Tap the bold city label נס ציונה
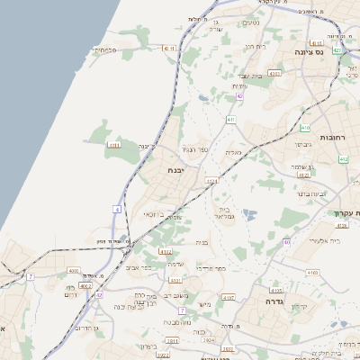click(307, 53)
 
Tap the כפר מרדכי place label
click(209, 267)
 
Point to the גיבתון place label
click(302, 143)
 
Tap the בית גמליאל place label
click(224, 212)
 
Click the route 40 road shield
click(286, 242)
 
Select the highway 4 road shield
click(117, 209)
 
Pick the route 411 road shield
click(230, 120)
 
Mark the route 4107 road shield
click(228, 296)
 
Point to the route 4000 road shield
click(73, 270)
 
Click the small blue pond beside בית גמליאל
click(249, 214)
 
